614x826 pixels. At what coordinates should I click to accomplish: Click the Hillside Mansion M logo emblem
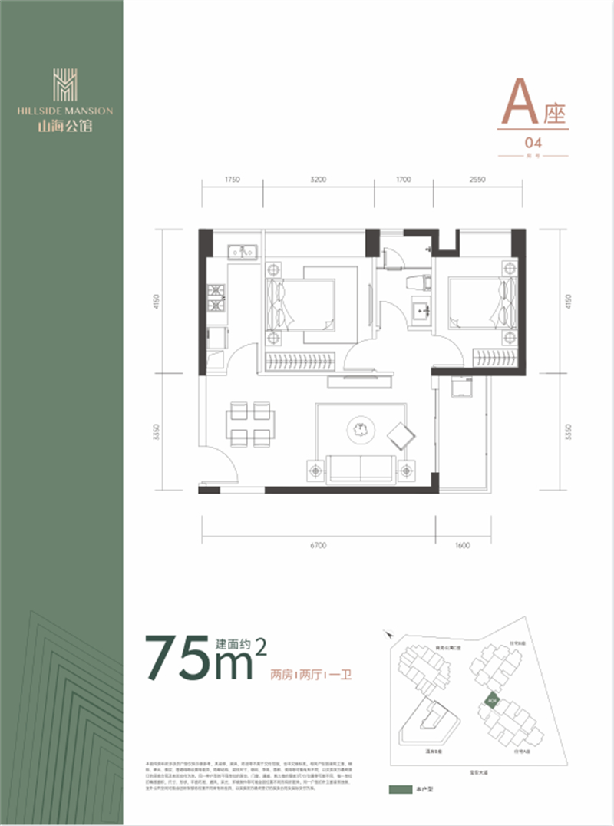(x=64, y=84)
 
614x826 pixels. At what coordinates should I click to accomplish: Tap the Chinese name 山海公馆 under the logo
(x=64, y=127)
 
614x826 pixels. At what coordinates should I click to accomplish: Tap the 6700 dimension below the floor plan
(x=319, y=546)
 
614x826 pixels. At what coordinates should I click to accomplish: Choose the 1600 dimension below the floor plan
(x=462, y=546)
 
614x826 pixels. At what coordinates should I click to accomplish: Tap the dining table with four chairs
(x=249, y=424)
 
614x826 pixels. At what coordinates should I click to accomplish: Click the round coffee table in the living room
(x=360, y=428)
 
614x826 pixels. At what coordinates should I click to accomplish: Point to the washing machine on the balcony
(x=461, y=388)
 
